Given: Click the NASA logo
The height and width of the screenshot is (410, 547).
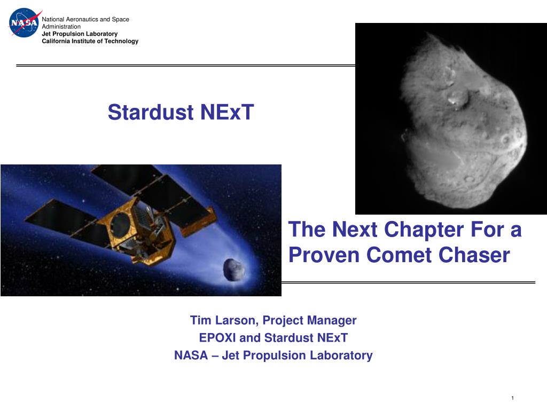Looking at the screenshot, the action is tap(24, 22).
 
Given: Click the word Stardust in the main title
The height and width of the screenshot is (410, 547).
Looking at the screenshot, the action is tap(150, 112).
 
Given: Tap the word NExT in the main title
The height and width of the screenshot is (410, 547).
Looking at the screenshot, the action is tap(226, 112).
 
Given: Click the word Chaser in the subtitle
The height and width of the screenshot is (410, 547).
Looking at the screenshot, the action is tap(474, 255).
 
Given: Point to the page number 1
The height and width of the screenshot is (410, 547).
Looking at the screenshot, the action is tap(512, 398).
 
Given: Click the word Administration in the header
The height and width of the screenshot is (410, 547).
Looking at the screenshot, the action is tap(61, 27).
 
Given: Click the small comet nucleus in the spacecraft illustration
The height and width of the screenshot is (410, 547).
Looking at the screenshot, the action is tap(234, 269).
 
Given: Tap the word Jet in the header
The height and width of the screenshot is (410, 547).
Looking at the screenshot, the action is tap(46, 34).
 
